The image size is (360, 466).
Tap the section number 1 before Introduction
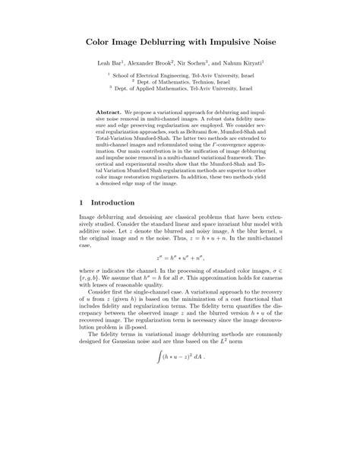pos(81,204)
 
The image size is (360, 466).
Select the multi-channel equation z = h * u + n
pos(179,257)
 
